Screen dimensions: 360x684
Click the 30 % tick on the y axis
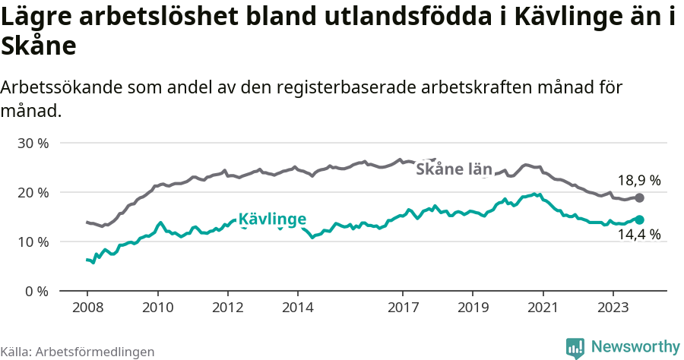33,143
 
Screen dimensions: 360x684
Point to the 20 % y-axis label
33,192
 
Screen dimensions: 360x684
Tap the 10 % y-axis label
33,242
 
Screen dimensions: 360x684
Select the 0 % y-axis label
36,291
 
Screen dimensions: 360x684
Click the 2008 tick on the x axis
87,308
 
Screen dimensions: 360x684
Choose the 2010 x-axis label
157,308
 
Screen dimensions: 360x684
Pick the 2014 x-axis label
297,308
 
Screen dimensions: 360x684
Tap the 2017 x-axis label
403,308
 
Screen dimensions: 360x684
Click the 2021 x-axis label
543,308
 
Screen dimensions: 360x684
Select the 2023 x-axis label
613,308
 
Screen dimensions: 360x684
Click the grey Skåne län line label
454,169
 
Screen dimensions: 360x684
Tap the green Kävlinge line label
272,220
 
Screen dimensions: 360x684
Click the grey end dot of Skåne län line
639,197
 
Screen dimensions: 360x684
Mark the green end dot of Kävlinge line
639,219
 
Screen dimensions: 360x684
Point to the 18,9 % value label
638,181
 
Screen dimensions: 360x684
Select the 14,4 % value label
638,235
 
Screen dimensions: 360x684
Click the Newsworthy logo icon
575,347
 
